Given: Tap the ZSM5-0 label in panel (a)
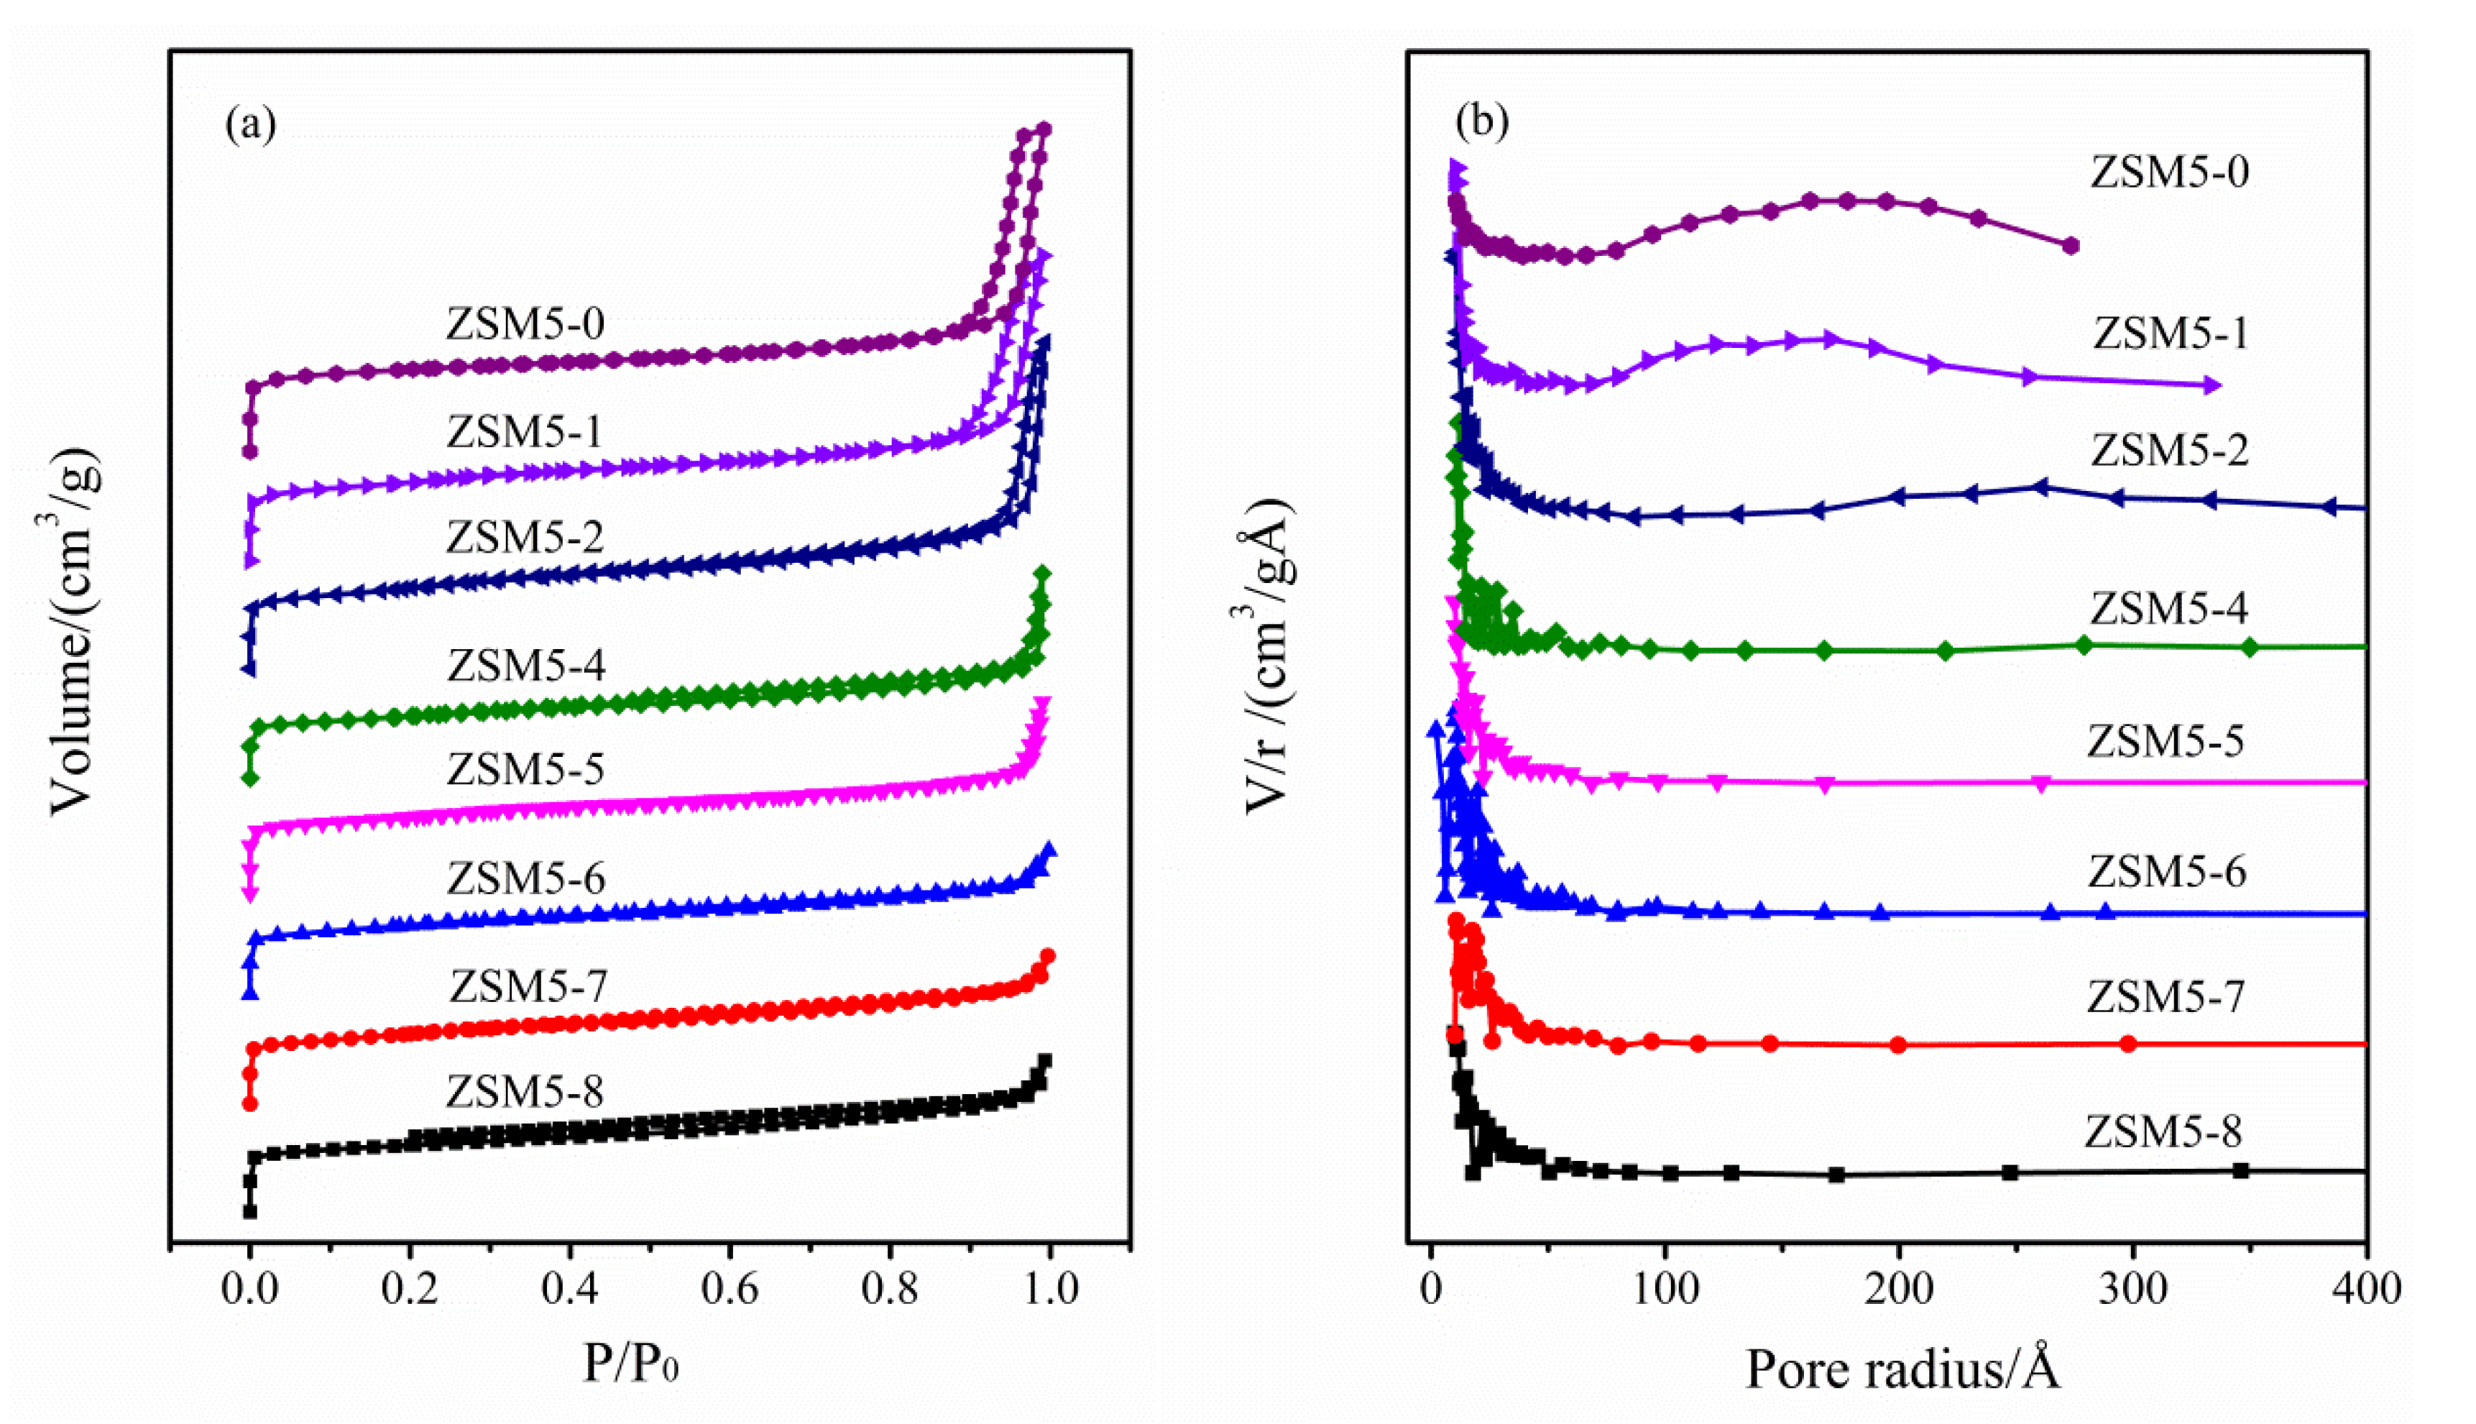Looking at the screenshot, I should click(x=525, y=323).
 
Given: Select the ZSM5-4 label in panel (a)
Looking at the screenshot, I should click(x=526, y=665).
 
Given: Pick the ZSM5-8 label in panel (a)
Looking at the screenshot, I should click(x=525, y=1090).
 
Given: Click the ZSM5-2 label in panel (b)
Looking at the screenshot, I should click(x=2169, y=450).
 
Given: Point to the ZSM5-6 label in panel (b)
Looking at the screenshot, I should click(x=2167, y=871).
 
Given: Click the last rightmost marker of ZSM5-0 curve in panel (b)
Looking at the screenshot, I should click(x=2070, y=246).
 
